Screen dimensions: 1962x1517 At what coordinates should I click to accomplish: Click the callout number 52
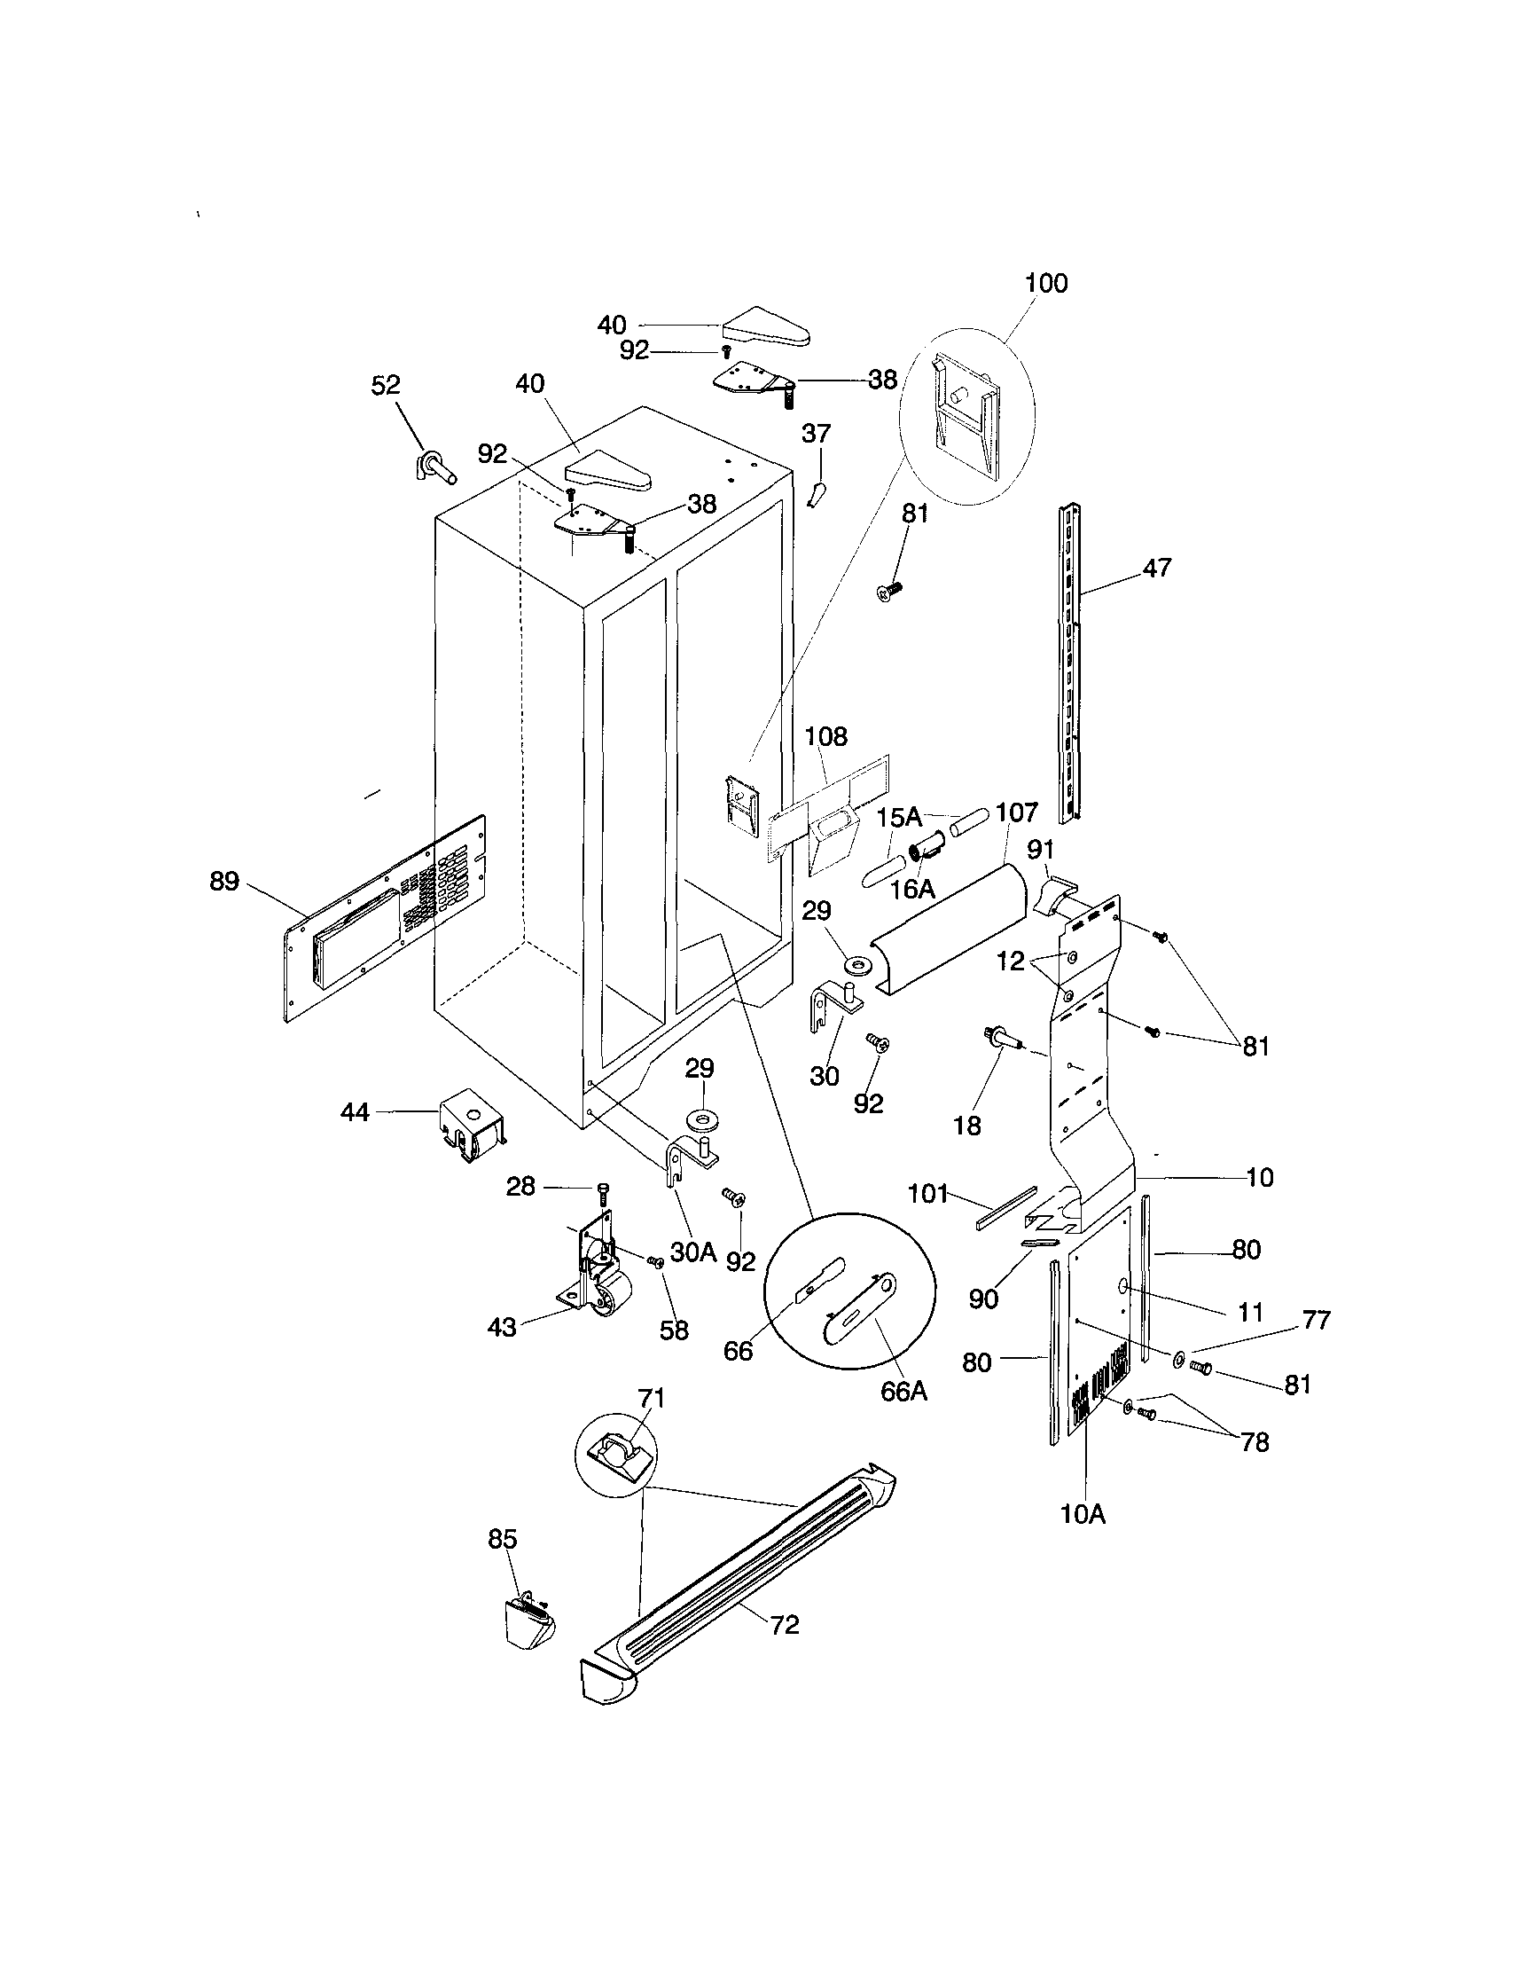(x=386, y=384)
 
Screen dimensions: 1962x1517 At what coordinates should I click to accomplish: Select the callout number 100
(x=1046, y=283)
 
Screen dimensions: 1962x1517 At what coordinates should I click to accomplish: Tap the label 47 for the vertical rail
(x=1157, y=568)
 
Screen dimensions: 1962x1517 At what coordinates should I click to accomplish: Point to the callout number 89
(x=224, y=882)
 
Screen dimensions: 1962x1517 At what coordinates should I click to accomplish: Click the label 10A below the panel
(x=1083, y=1514)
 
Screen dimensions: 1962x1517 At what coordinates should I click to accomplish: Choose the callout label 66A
(x=903, y=1390)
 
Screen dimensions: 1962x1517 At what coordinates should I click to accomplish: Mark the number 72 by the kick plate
(x=784, y=1624)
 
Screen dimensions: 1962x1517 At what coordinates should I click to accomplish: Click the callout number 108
(x=825, y=737)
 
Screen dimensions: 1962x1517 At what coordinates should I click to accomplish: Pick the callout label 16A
(x=912, y=889)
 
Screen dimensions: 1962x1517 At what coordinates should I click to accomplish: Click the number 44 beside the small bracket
(x=356, y=1112)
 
